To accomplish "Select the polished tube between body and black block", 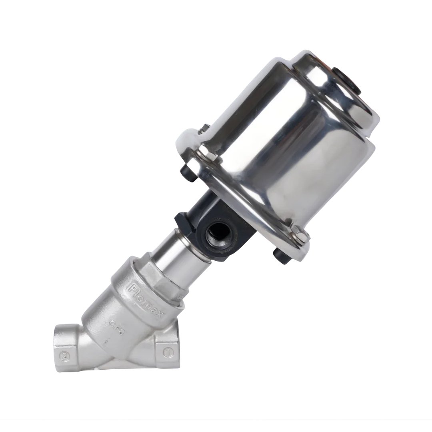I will pyautogui.click(x=176, y=256).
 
